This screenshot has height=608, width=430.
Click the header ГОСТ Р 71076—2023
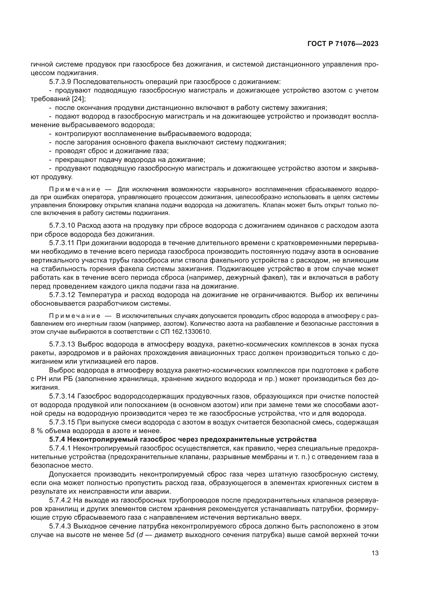(x=343, y=44)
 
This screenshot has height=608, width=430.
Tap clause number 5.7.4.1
(x=60, y=448)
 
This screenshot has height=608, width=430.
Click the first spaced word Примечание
(x=75, y=189)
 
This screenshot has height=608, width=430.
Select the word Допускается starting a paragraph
(x=70, y=474)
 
